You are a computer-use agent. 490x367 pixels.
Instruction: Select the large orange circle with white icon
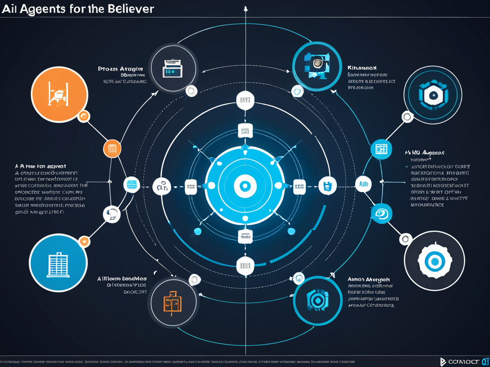tap(59, 94)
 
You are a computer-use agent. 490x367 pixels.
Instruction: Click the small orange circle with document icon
tap(112, 148)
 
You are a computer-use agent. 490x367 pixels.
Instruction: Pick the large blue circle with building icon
tap(58, 262)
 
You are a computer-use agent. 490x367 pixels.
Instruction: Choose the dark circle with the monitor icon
tap(172, 68)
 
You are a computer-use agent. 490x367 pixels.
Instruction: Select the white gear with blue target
tap(434, 260)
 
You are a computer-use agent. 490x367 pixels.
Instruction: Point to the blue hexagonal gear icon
tap(433, 94)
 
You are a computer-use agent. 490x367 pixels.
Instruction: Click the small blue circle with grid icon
tap(381, 149)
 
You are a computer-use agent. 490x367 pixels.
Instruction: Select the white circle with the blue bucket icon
tap(329, 185)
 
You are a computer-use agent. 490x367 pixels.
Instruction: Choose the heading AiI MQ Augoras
tap(424, 153)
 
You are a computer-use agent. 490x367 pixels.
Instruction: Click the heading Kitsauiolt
tap(362, 68)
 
